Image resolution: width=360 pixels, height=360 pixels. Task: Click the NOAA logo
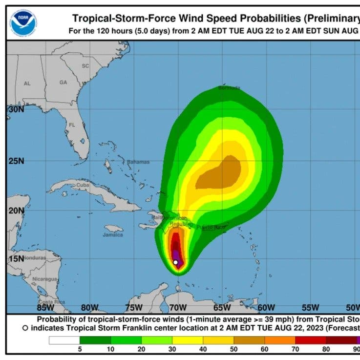pyautogui.click(x=22, y=22)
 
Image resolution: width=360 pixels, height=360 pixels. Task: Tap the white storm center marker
pyautogui.click(x=176, y=262)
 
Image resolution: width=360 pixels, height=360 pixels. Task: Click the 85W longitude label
pyautogui.click(x=45, y=307)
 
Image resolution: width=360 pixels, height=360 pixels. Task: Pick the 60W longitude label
pyautogui.click(x=266, y=307)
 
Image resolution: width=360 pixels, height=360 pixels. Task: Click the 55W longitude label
pyautogui.click(x=311, y=307)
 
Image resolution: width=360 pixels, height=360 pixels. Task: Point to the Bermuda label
pyautogui.click(x=229, y=88)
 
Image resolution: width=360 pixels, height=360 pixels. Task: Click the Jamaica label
pyautogui.click(x=113, y=234)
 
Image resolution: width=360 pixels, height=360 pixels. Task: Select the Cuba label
pyautogui.click(x=83, y=186)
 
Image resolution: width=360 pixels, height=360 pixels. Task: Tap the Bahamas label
pyautogui.click(x=138, y=162)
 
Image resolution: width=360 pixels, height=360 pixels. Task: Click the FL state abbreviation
pyautogui.click(x=72, y=125)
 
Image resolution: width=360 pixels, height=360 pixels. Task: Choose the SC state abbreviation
pyautogui.click(x=85, y=66)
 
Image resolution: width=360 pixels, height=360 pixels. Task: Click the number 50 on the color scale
pyautogui.click(x=233, y=350)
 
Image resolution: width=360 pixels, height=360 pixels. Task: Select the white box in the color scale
pyautogui.click(x=64, y=340)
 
